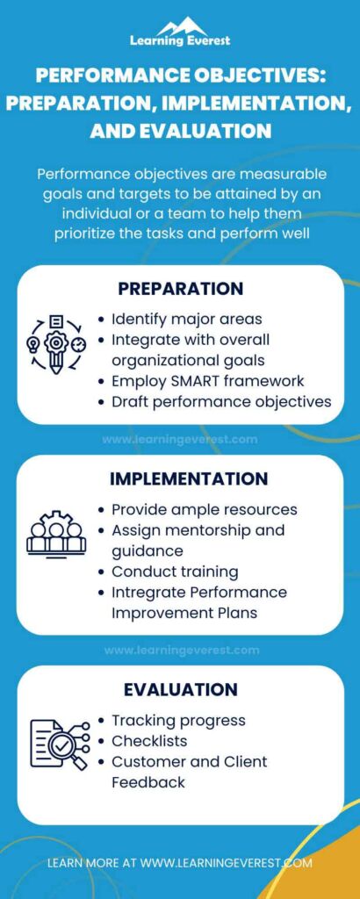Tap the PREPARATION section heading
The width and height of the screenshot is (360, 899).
[x=179, y=289]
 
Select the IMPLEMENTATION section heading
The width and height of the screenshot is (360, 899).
[x=188, y=478]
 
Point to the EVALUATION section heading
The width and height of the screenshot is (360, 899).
[x=180, y=689]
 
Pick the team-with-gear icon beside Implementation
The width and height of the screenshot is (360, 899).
[x=56, y=531]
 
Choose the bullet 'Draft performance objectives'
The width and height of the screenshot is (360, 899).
[x=221, y=401]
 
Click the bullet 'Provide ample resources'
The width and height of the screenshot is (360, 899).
[x=204, y=509]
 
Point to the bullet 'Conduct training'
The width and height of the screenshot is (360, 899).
[x=174, y=572]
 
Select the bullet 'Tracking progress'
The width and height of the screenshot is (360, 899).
[x=178, y=720]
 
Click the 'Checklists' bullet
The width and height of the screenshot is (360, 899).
[x=149, y=741]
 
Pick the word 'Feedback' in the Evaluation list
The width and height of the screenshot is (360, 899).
[x=148, y=781]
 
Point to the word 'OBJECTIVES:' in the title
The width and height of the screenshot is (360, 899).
[x=262, y=76]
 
